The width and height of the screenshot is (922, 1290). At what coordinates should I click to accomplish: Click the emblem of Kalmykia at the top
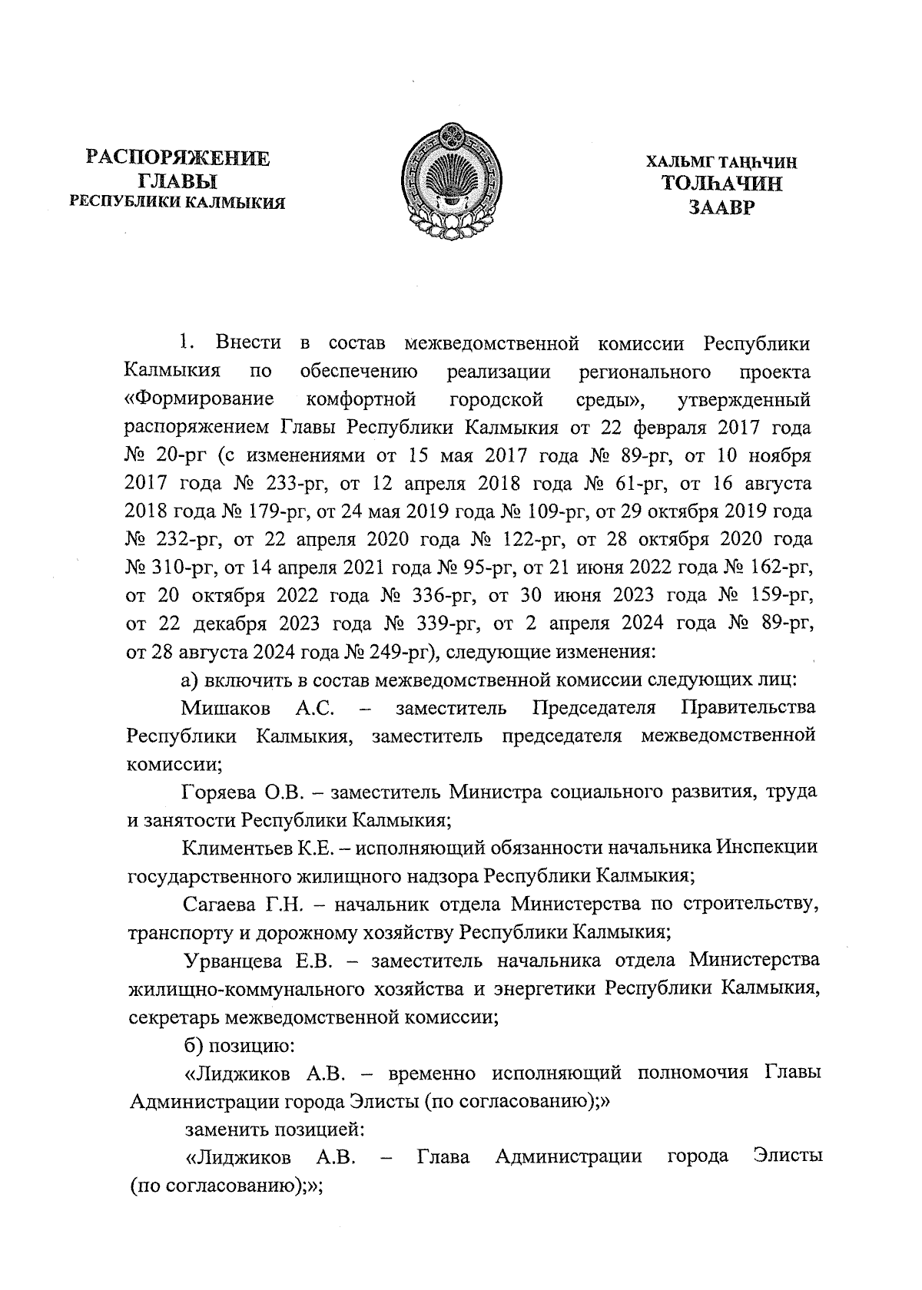pos(451,182)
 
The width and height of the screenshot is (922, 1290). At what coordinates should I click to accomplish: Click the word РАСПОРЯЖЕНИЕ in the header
pos(177,159)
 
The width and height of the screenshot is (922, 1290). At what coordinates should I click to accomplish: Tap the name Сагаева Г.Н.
pos(244,904)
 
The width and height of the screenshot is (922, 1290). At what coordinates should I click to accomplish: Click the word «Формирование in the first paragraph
pos(201,399)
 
